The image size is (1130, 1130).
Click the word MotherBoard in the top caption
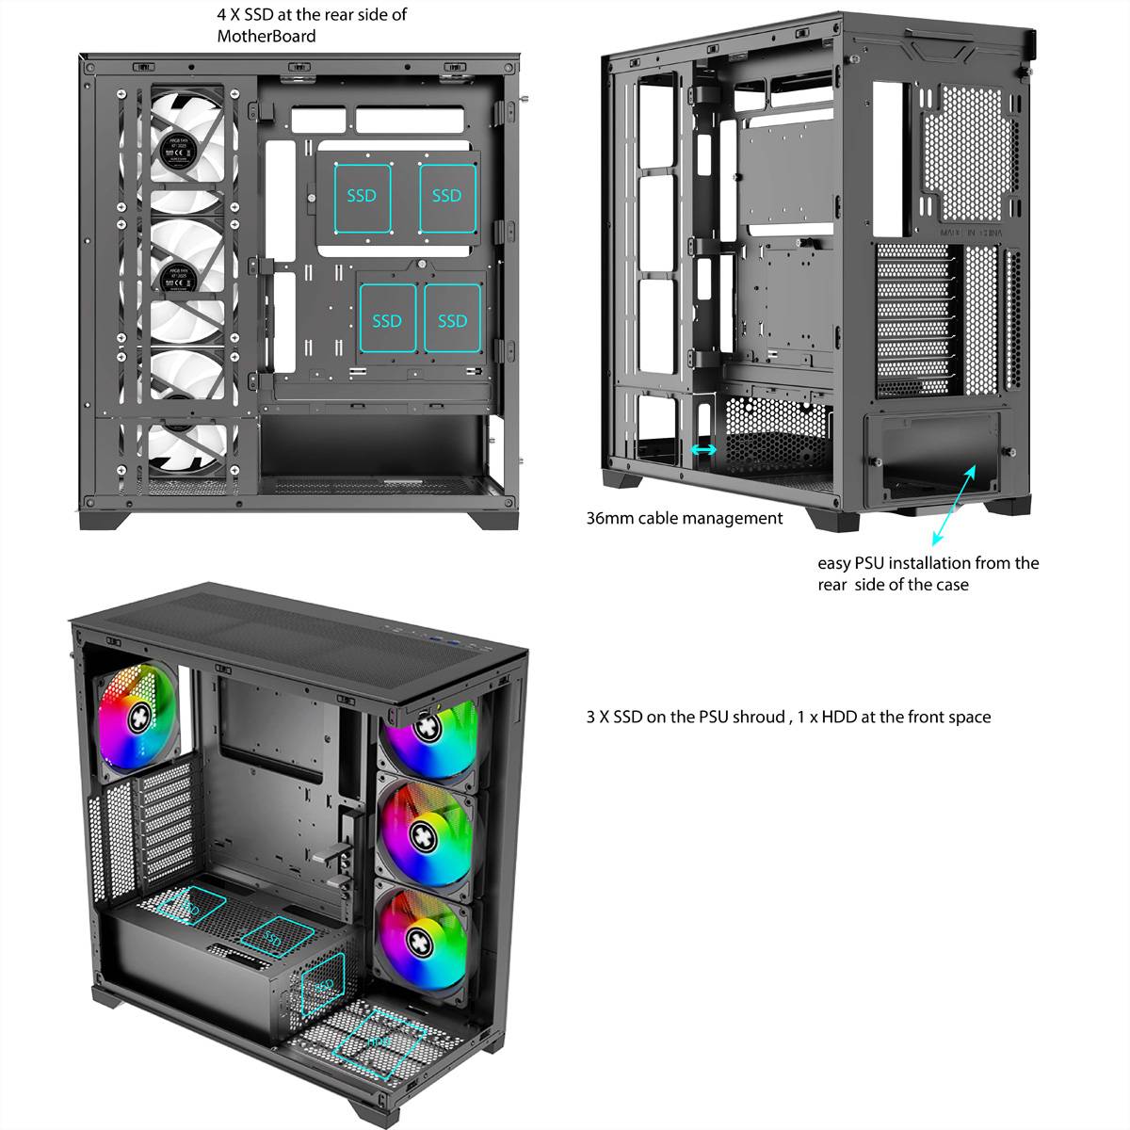point(266,37)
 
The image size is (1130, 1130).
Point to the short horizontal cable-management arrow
point(703,450)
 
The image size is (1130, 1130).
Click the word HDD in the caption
point(840,717)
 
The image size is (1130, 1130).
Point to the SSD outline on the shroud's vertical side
point(323,985)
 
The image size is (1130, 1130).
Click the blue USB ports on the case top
point(442,640)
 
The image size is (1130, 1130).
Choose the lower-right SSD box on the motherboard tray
point(452,319)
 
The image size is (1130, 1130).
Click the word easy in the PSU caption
point(833,563)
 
